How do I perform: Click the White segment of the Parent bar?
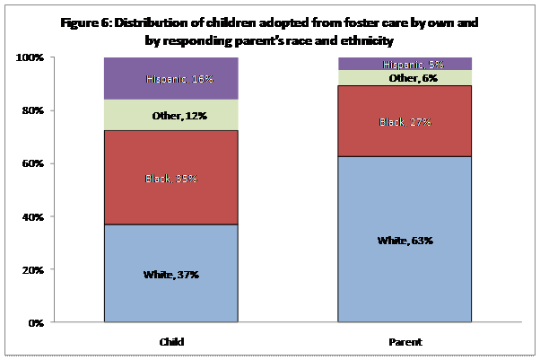tap(404, 260)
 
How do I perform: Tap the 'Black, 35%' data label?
tap(170, 179)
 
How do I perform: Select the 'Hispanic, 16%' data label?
tap(179, 79)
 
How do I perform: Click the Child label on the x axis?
tap(170, 341)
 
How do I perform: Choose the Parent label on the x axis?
tap(405, 341)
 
